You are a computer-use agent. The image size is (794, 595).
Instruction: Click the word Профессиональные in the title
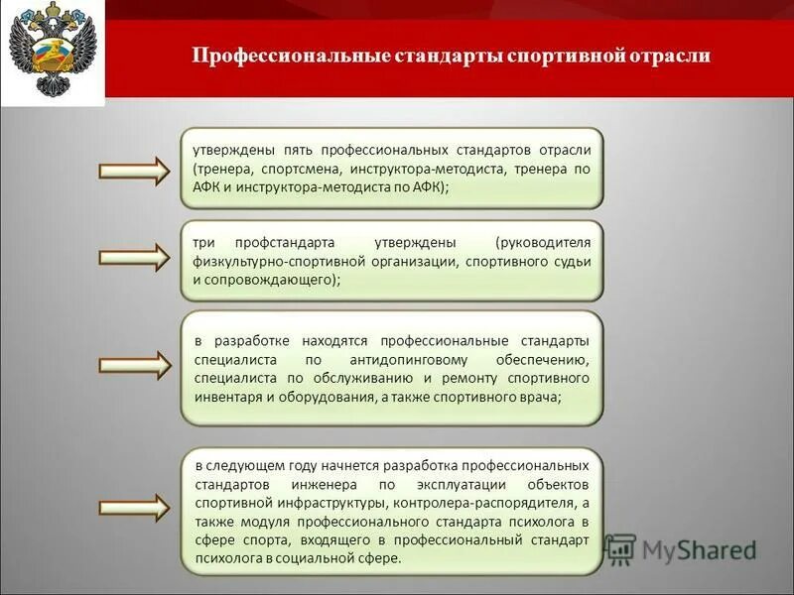(267, 56)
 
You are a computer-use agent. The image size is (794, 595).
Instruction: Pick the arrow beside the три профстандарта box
(136, 257)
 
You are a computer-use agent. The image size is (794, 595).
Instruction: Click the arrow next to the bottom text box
(136, 506)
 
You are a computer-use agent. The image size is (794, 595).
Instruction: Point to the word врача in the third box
(539, 398)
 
